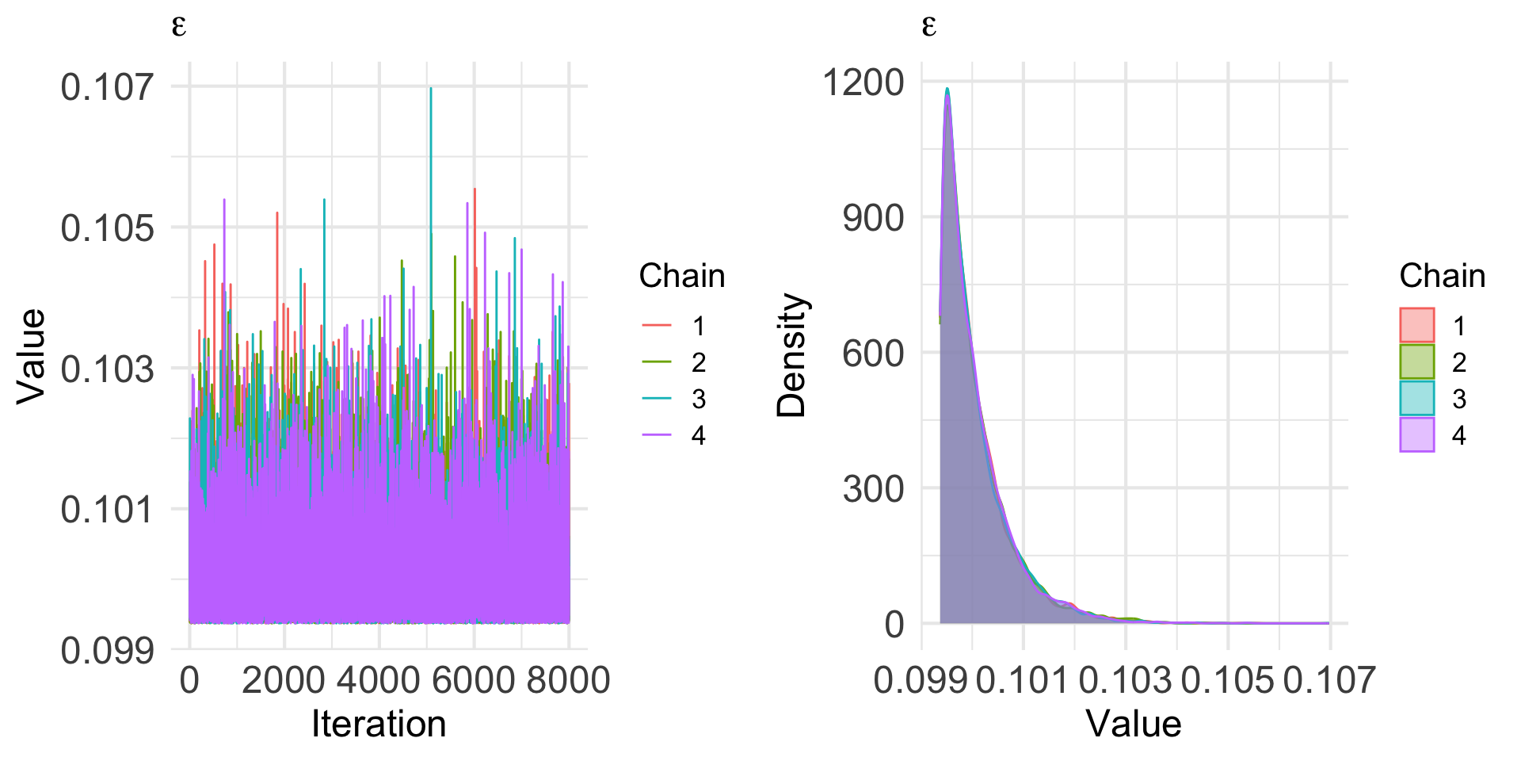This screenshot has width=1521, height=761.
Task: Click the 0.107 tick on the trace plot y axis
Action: pos(107,86)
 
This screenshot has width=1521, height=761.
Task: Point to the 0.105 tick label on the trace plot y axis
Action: pos(107,228)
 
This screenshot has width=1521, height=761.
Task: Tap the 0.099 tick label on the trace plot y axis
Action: pos(107,650)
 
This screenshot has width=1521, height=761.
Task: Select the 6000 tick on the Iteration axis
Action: pos(474,680)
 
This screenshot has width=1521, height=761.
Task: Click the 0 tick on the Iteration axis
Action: pos(189,680)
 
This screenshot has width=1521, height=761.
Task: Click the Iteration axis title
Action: pos(379,724)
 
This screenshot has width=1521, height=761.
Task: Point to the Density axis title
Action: pos(791,355)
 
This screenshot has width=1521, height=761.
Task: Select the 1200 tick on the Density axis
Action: pos(863,82)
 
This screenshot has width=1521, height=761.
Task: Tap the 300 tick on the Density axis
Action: pos(873,488)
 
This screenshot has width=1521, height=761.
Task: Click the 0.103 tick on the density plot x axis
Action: pos(1125,680)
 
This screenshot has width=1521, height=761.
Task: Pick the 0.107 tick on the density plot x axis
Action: pos(1329,680)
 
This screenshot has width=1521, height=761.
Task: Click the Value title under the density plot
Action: pos(1134,724)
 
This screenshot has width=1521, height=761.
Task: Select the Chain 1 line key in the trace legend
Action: pos(657,326)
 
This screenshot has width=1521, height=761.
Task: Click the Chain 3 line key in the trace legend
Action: pos(657,399)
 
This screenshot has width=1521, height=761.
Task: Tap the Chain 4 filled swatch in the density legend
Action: pos(1417,435)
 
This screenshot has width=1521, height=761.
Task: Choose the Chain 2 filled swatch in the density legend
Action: pos(1417,362)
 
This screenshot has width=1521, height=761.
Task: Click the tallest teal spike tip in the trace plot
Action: pos(430,88)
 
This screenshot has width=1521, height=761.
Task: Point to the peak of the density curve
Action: pos(947,89)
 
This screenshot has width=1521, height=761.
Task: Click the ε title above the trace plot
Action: pos(179,27)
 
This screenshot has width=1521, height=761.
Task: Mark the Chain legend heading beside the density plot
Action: pos(1442,276)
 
